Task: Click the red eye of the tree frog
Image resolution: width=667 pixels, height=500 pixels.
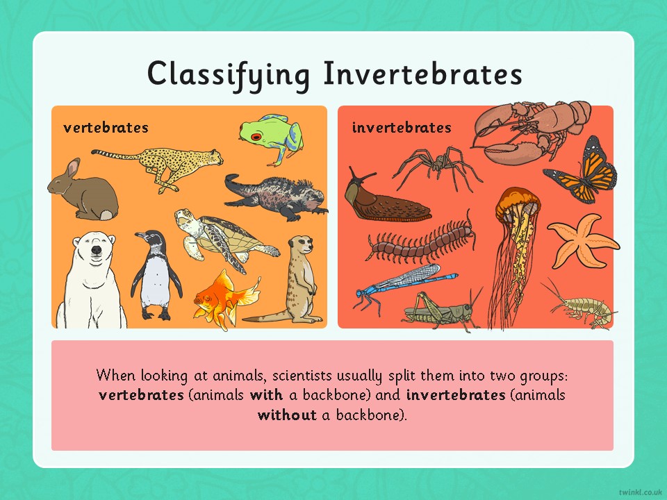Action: pyautogui.click(x=256, y=137)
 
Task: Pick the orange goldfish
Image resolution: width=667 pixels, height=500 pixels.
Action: pyautogui.click(x=225, y=300)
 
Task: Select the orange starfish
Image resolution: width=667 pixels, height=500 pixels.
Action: pyautogui.click(x=581, y=241)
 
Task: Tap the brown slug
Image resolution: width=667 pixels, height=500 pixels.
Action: pyautogui.click(x=385, y=201)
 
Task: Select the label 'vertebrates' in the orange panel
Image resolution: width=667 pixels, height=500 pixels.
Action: pyautogui.click(x=106, y=127)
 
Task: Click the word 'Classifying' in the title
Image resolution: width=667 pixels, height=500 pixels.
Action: pyautogui.click(x=229, y=74)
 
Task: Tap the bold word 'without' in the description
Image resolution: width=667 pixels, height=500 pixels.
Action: pyautogui.click(x=287, y=415)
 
